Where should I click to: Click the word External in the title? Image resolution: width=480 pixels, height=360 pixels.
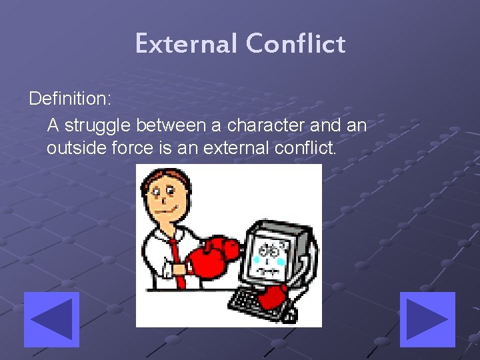(187, 44)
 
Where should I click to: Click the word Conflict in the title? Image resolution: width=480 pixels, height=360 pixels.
(295, 44)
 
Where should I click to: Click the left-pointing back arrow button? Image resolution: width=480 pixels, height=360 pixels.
(51, 319)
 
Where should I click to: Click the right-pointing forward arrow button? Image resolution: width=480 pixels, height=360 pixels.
(427, 319)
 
